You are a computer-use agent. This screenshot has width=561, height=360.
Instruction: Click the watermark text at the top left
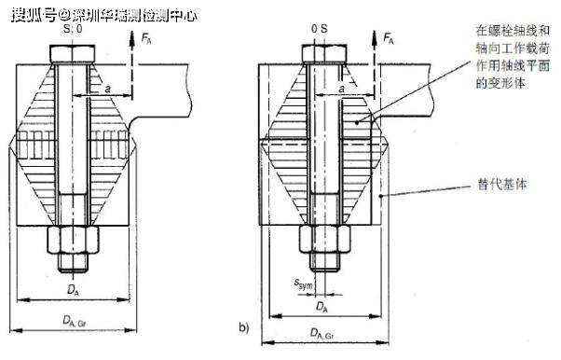click(104, 16)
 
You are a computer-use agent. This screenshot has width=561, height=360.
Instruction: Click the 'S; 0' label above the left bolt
click(73, 29)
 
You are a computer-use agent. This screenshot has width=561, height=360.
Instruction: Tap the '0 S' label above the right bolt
click(319, 29)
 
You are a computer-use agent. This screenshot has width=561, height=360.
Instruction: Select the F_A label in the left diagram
click(146, 38)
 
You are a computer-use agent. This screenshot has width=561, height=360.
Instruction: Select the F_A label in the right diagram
click(389, 37)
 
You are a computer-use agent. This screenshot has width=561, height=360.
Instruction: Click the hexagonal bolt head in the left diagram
click(73, 54)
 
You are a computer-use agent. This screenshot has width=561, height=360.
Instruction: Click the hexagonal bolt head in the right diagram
click(324, 54)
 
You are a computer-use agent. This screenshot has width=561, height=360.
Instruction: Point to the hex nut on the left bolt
click(73, 240)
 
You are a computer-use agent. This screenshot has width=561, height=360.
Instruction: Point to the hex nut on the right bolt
click(325, 240)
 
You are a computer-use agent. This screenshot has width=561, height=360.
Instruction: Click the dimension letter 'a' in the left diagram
click(108, 89)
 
